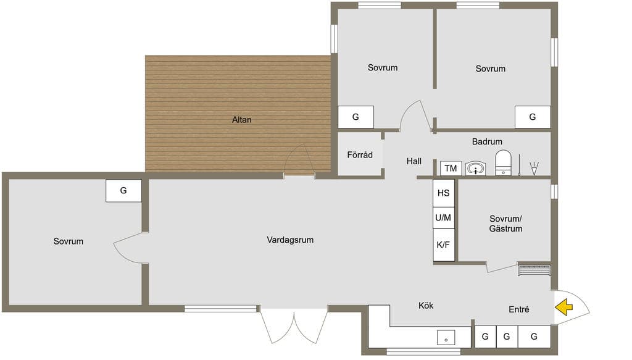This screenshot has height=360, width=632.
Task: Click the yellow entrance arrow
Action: pyautogui.click(x=564, y=307)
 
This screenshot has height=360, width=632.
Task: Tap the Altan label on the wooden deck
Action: pyautogui.click(x=242, y=120)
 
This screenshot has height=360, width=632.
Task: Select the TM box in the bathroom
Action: pyautogui.click(x=451, y=168)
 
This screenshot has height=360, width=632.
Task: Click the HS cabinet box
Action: pyautogui.click(x=443, y=193)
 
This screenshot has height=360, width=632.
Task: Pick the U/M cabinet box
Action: pyautogui.click(x=443, y=218)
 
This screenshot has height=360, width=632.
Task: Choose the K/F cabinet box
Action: pyautogui.click(x=443, y=245)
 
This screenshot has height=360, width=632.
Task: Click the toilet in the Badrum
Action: pyautogui.click(x=503, y=163)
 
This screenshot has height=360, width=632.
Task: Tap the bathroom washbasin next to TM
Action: pyautogui.click(x=476, y=169)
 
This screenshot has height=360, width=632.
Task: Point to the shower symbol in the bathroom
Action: pyautogui.click(x=534, y=168)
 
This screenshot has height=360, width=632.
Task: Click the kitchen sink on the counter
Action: pyautogui.click(x=446, y=338)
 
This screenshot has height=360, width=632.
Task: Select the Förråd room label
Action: pyautogui.click(x=360, y=155)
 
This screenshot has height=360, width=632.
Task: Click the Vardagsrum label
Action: pyautogui.click(x=290, y=240)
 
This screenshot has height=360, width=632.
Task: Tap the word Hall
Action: pyautogui.click(x=414, y=161)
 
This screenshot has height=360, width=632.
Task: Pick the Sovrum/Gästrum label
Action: pyautogui.click(x=506, y=224)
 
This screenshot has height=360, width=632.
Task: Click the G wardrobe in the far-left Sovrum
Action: pyautogui.click(x=123, y=191)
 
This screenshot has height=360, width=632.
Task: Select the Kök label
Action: pyautogui.click(x=426, y=306)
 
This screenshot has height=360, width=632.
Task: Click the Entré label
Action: pyautogui.click(x=519, y=309)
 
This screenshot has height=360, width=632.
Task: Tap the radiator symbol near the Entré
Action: pyautogui.click(x=534, y=269)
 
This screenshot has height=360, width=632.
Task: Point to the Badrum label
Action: pyautogui.click(x=488, y=141)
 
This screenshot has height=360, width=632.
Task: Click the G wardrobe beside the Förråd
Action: pyautogui.click(x=356, y=117)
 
